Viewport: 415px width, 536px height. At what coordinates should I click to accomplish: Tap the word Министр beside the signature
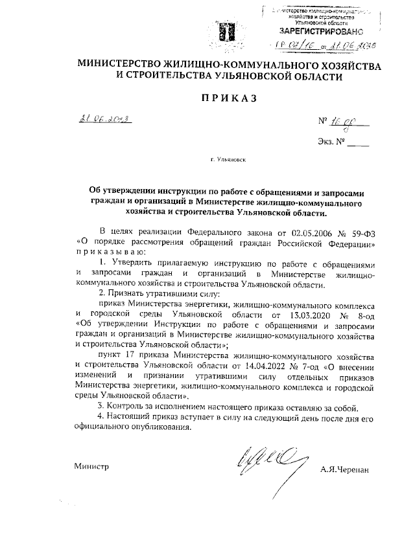click(91, 466)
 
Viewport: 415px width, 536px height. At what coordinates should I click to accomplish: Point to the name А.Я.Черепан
click(344, 468)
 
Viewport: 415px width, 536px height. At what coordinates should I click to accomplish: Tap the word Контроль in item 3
click(130, 407)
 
